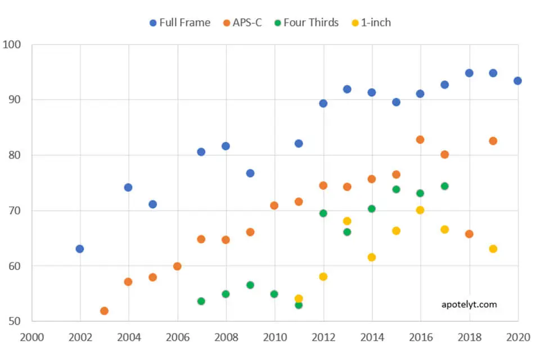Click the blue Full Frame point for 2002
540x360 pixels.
80,249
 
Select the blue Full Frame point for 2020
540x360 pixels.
517,81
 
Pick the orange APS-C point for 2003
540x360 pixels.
104,310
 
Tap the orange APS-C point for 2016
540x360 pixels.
420,139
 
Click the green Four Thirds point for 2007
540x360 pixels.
201,301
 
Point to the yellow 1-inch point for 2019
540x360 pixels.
493,249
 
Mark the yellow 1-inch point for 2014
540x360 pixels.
371,257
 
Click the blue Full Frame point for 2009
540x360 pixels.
250,173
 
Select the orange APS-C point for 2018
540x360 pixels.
469,234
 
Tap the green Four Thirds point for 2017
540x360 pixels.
444,186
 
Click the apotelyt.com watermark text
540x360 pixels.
469,304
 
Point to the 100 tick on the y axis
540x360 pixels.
12,44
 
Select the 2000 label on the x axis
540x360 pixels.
31,337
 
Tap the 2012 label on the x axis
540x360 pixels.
323,337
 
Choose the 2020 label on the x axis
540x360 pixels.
517,337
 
